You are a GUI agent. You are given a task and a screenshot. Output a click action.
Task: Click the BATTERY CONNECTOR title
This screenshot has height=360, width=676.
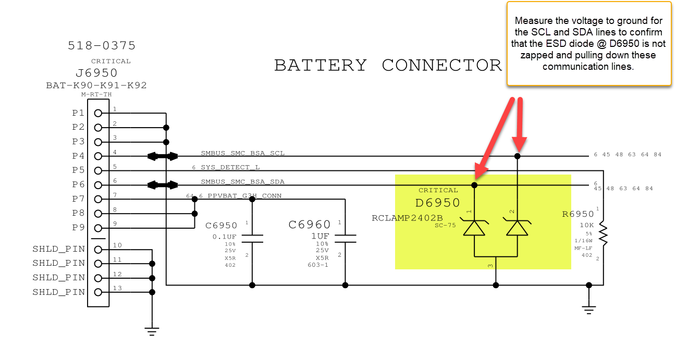(x=388, y=65)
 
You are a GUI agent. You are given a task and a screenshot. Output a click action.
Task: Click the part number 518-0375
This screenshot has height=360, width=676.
(x=102, y=46)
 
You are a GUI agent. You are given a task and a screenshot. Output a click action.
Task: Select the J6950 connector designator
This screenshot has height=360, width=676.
(x=96, y=73)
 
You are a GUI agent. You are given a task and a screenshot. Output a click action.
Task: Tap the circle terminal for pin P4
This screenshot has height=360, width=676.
(x=97, y=156)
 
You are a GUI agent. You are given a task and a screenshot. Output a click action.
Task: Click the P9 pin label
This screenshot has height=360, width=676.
(x=78, y=228)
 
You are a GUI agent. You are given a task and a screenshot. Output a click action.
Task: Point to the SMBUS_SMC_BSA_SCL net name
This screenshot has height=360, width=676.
(x=242, y=154)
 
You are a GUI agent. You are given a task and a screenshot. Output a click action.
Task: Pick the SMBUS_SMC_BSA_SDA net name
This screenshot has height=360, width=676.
(x=242, y=182)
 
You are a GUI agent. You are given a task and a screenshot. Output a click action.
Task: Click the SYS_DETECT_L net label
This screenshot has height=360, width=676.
(x=230, y=168)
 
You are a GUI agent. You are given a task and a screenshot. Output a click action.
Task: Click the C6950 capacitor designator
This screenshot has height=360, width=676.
(x=221, y=226)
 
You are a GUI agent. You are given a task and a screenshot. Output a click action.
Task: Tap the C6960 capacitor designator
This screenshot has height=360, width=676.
(x=310, y=225)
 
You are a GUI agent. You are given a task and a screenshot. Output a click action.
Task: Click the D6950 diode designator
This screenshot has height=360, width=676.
(x=437, y=203)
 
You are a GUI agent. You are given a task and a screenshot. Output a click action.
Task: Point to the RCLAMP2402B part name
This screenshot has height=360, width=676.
(x=407, y=218)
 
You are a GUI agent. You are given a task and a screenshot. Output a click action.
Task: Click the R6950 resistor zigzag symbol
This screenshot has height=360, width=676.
(x=603, y=234)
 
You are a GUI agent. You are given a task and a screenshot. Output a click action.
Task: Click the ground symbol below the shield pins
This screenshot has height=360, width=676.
(x=152, y=330)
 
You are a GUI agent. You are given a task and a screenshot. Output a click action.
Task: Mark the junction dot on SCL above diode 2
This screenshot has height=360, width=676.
(x=517, y=156)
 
